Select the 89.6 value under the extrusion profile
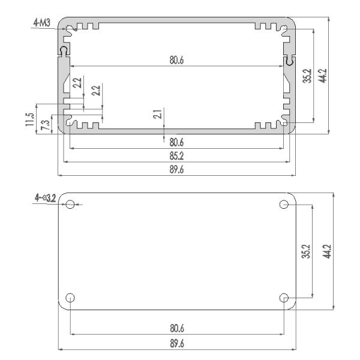click(176, 170)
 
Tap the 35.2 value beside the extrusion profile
click(307, 76)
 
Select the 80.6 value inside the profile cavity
click(176, 60)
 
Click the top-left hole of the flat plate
click(71, 205)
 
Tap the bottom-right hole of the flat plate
click(284, 298)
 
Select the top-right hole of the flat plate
click(284, 205)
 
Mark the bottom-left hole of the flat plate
click(71, 298)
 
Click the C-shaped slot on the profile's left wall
click(64, 52)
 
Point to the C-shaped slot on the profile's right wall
click(289, 61)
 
